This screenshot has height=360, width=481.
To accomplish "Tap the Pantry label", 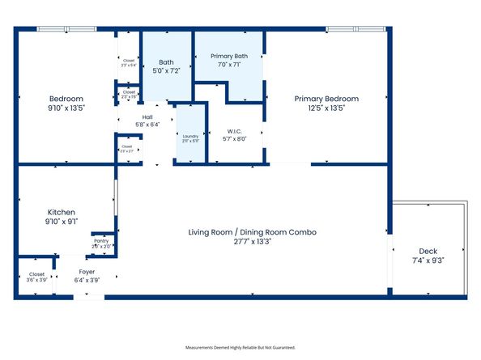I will (101, 240).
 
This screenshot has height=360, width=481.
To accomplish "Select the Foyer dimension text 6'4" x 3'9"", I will (87, 281).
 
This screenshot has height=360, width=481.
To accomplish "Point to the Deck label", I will (428, 251).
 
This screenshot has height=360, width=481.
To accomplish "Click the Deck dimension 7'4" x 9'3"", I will (428, 260).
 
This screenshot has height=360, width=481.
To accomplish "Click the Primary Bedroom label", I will (326, 99).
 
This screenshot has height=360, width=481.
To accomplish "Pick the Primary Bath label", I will (229, 56).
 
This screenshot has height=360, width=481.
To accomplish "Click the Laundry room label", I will (190, 136).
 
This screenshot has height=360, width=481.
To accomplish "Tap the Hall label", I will (147, 116).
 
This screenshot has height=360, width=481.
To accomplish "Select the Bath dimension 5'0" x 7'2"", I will (166, 71).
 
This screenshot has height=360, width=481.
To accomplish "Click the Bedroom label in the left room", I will (66, 99).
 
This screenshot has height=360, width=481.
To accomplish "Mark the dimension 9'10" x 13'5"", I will (66, 108).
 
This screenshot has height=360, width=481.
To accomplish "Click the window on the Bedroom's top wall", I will (66, 30).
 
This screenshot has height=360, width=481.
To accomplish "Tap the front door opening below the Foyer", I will (89, 297).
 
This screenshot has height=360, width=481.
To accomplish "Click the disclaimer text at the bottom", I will (240, 347).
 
